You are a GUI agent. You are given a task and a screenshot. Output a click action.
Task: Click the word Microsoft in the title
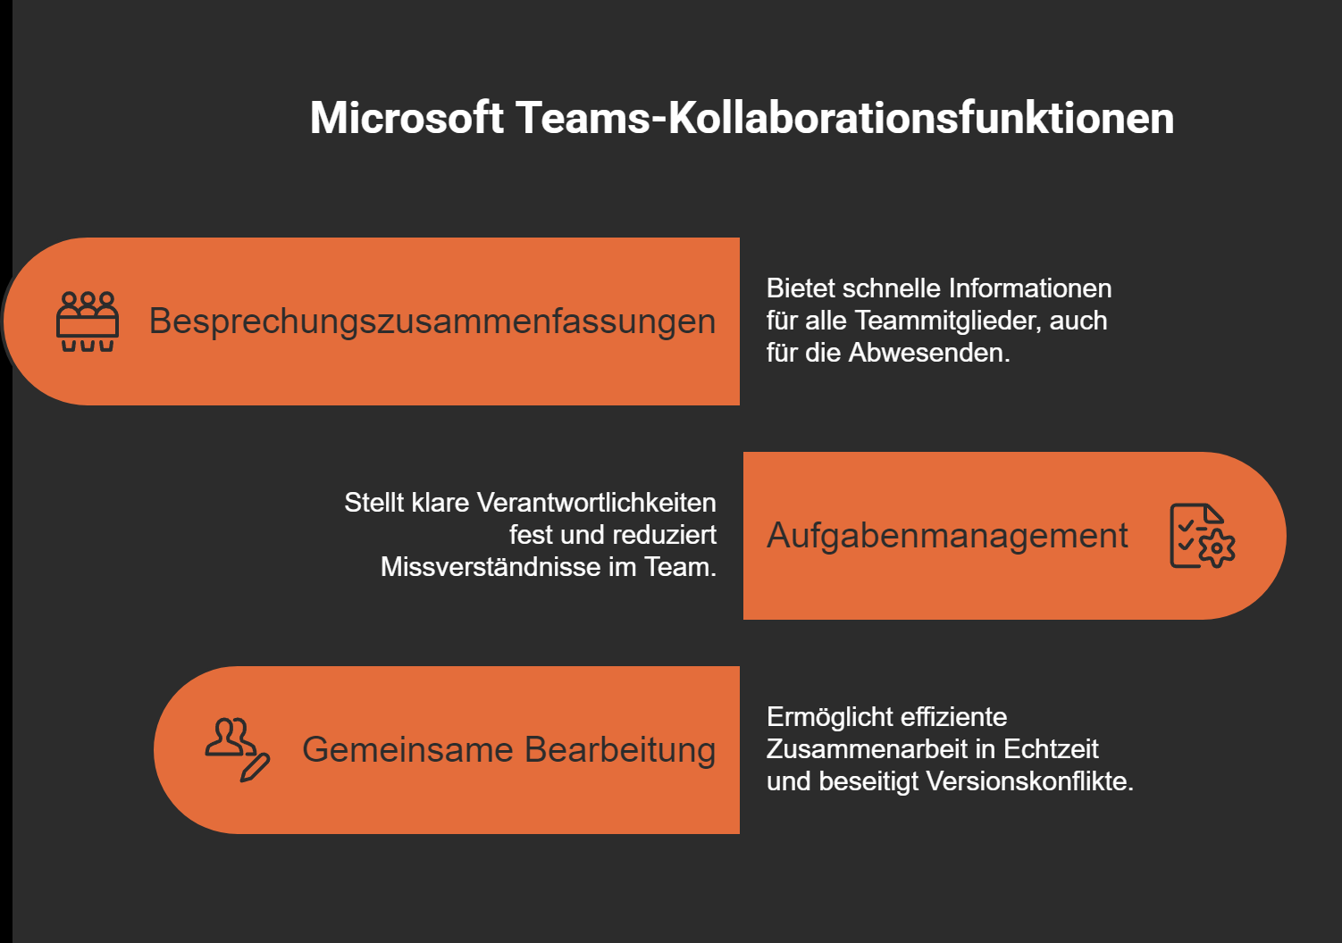click(407, 118)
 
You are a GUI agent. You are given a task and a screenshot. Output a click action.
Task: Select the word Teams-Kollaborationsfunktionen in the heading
click(844, 118)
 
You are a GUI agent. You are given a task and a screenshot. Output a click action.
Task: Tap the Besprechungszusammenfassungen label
click(432, 321)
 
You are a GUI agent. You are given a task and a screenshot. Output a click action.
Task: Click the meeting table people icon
click(88, 321)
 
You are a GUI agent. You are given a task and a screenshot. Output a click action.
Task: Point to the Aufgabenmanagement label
click(947, 536)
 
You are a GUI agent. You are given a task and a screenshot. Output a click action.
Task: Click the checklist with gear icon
click(1202, 536)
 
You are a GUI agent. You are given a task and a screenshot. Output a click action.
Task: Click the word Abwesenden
click(928, 353)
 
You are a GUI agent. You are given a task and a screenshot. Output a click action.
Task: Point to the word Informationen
click(1029, 288)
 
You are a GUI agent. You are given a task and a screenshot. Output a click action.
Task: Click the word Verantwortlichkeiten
click(597, 503)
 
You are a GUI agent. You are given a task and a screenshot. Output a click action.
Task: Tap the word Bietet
click(801, 288)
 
